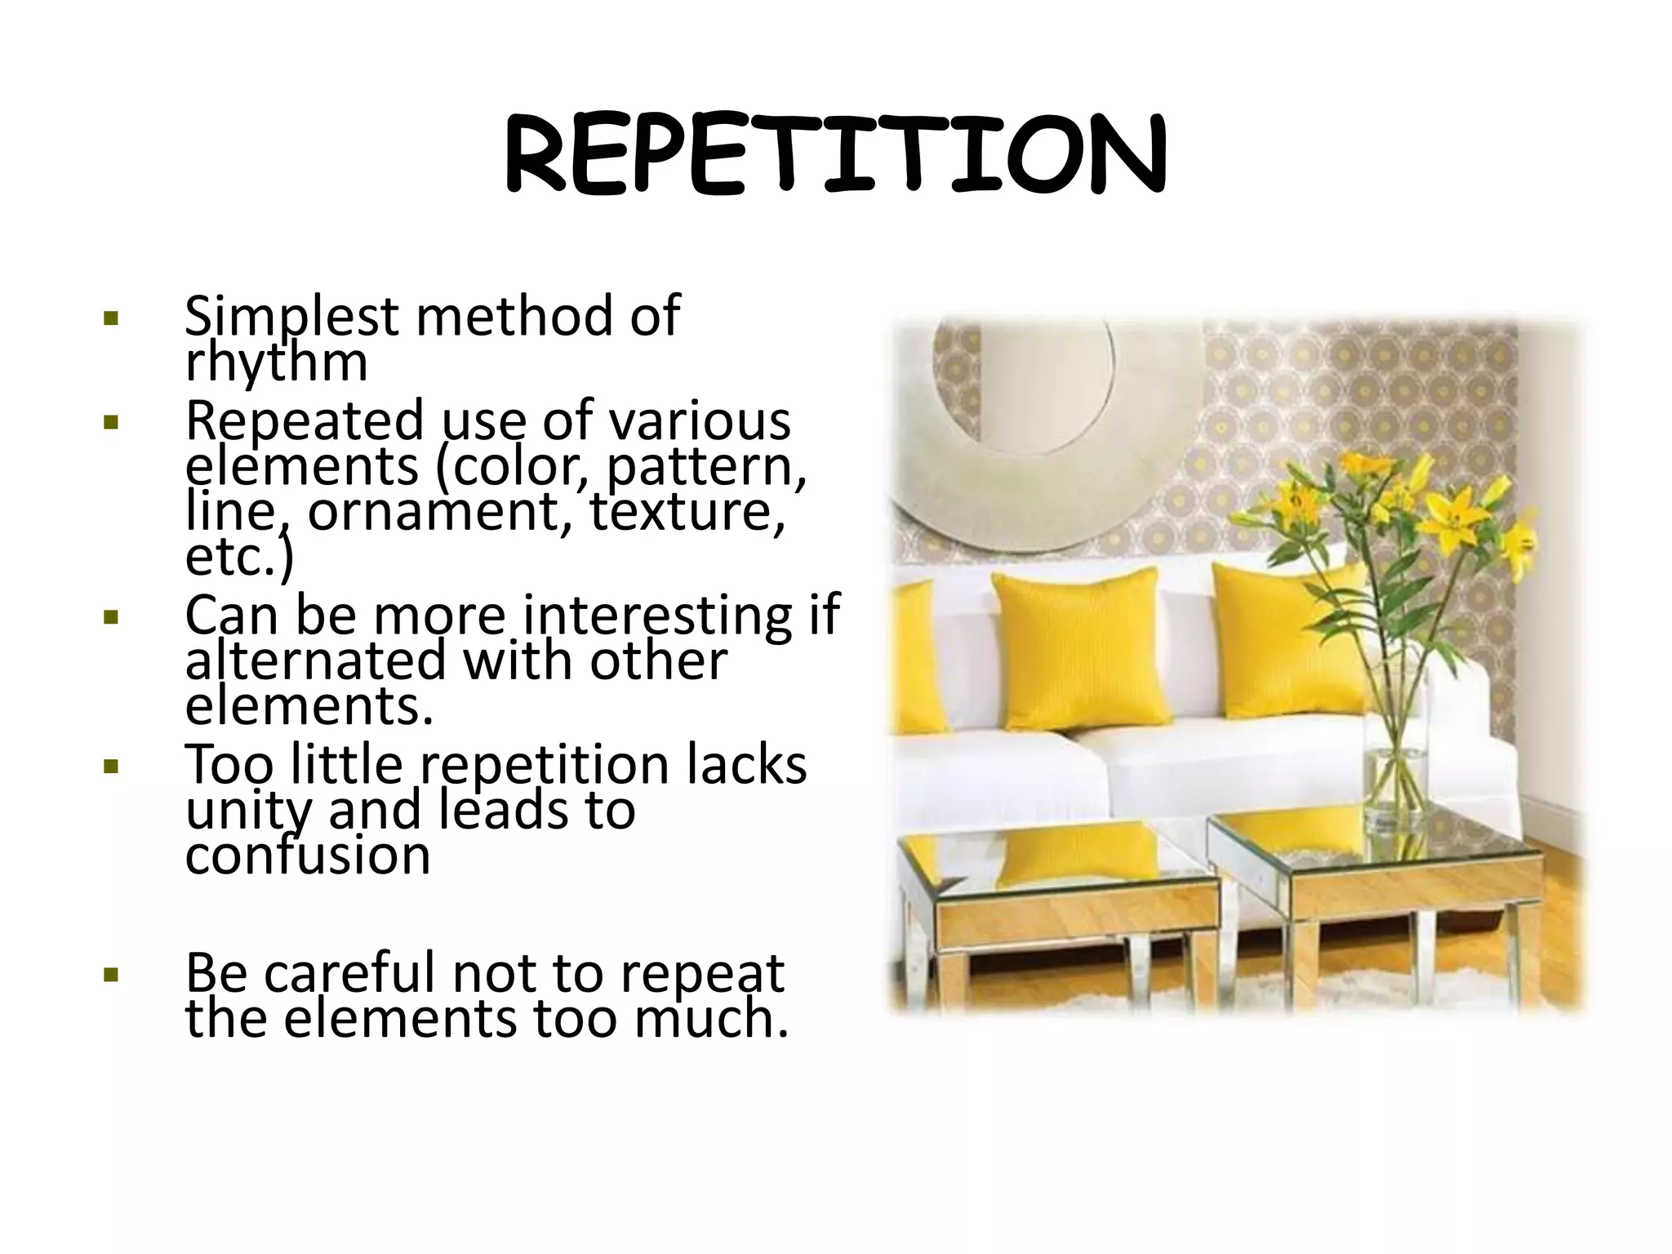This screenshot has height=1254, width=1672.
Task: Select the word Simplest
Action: coord(291,316)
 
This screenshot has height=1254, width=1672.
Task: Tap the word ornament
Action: coord(430,512)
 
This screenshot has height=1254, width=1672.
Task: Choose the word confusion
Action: coord(307,856)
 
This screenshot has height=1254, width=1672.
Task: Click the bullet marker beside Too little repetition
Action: coord(112,767)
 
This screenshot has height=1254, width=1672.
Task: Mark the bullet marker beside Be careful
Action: coord(112,975)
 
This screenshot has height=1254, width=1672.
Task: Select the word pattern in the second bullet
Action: coord(706,466)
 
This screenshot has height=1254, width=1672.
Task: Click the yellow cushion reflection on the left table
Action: coord(1078,857)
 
